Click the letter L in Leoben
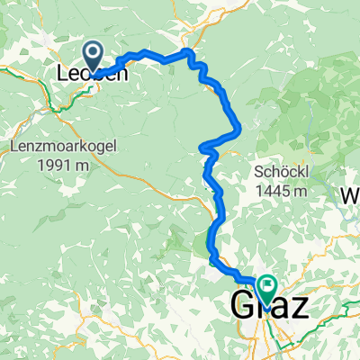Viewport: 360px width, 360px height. [62, 76]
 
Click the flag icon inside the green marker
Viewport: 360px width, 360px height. [267, 285]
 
